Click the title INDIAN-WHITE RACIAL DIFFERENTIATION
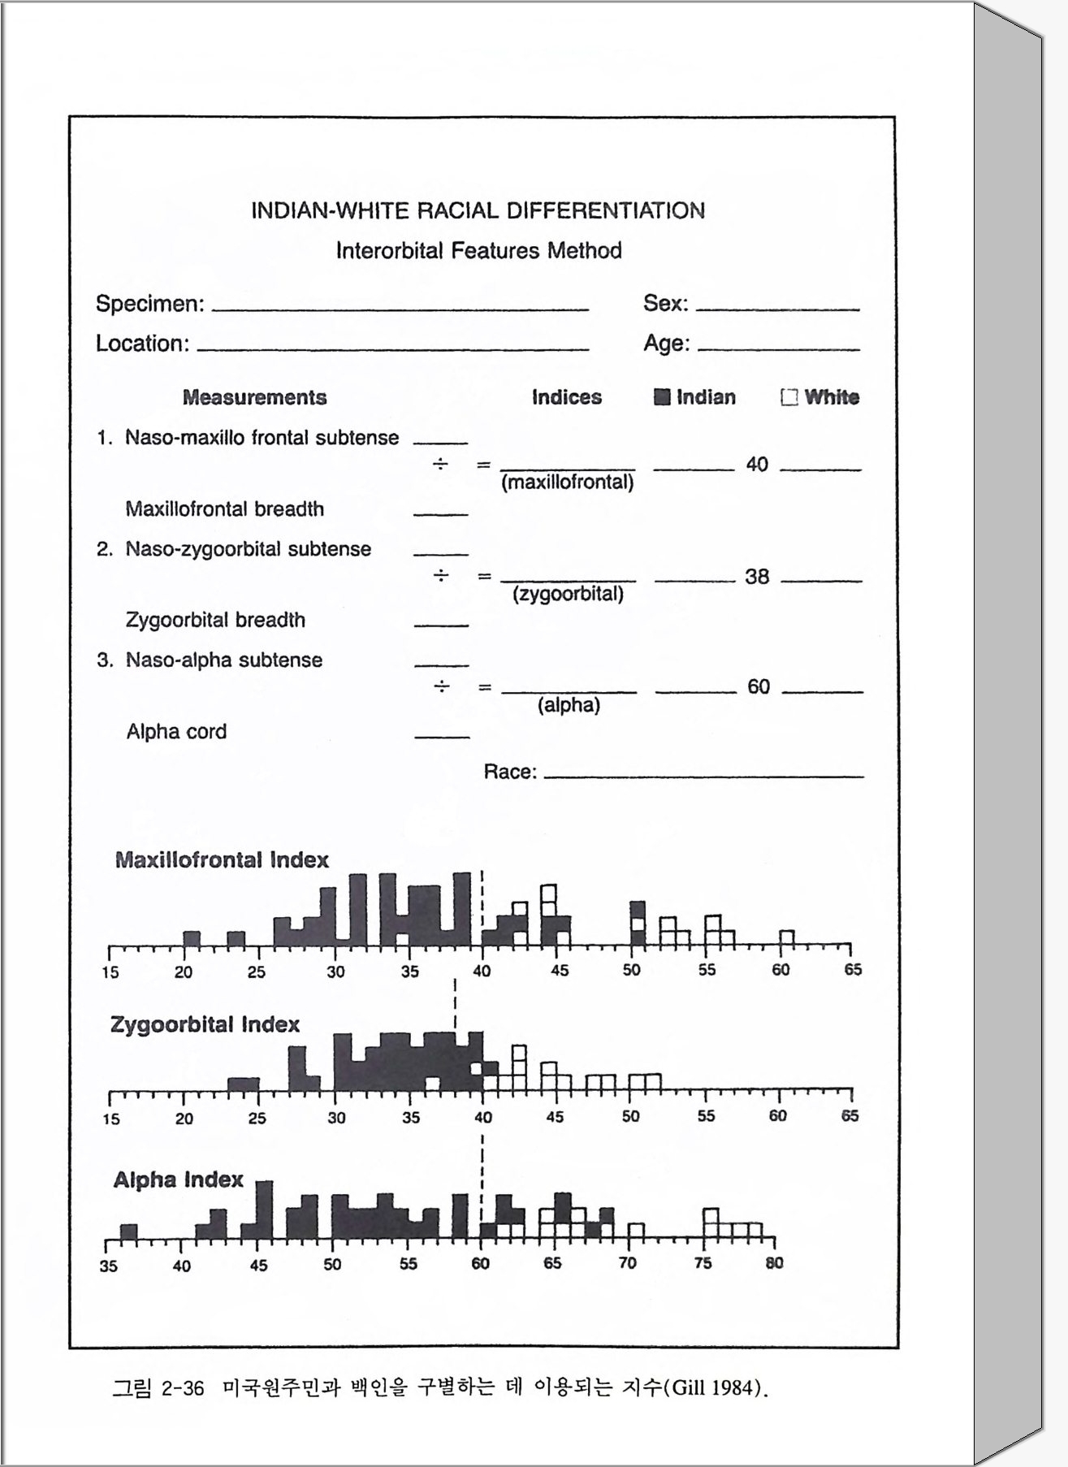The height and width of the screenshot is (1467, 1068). tap(478, 211)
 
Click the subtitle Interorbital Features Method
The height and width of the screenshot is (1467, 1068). tap(478, 250)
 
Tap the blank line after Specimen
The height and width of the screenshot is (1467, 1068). tap(400, 309)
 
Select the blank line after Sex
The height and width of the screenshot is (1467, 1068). tap(777, 309)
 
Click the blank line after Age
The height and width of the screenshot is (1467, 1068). tap(778, 348)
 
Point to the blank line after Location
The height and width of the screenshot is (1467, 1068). tap(393, 348)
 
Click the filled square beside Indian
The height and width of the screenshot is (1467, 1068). tap(663, 397)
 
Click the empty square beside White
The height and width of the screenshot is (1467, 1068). tap(788, 397)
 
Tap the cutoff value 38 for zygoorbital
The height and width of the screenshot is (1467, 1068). tap(757, 577)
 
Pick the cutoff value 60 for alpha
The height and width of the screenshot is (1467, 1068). tap(759, 687)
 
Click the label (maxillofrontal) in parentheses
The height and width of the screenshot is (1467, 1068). tap(568, 483)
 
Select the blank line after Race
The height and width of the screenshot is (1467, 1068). tap(703, 776)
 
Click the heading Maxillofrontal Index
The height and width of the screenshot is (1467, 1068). tap(222, 860)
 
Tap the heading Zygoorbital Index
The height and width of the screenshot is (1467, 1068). tap(205, 1025)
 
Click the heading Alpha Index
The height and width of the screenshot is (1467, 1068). tap(178, 1179)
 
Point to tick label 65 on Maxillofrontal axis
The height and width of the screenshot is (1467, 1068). tap(853, 970)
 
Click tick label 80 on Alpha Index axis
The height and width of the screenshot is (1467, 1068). tap(774, 1263)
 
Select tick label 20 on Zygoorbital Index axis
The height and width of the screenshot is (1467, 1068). tap(184, 1119)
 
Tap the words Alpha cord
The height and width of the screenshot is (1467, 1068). tap(176, 732)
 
